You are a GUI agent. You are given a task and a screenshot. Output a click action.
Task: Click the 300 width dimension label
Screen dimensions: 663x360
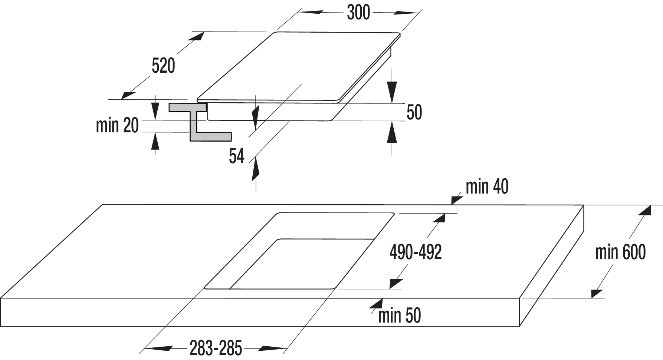358,13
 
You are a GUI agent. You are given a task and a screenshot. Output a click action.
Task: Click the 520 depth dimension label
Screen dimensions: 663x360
163,66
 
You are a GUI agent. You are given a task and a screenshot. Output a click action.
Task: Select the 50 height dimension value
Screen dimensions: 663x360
414,112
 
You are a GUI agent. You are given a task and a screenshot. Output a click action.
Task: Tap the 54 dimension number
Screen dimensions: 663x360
237,156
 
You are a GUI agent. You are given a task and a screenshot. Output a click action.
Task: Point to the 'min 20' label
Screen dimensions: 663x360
117,125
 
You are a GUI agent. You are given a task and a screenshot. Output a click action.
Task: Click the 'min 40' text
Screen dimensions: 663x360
487,187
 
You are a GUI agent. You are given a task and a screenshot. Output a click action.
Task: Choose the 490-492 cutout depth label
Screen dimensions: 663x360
416,252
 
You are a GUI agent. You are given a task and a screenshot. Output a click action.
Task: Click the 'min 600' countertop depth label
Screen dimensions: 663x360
620,252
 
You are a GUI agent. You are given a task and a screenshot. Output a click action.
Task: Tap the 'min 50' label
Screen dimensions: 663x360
400,316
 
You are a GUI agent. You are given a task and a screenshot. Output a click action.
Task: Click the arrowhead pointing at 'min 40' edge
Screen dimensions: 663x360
457,199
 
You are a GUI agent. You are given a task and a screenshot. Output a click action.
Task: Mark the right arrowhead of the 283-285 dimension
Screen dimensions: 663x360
273,349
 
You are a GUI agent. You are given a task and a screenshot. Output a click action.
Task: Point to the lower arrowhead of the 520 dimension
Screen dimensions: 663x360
129,95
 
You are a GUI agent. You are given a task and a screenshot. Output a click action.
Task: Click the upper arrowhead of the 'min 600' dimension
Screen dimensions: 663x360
644,211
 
